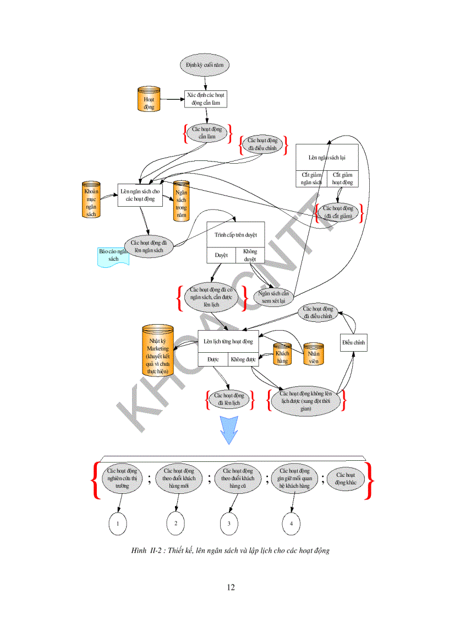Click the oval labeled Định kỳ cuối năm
point(204,65)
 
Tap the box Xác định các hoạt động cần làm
point(205,99)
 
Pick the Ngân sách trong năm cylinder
point(181,201)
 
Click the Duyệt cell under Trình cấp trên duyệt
point(221,255)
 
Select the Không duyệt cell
point(250,255)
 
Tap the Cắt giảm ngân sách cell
point(311,179)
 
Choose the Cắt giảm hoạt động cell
point(342,179)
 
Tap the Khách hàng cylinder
point(282,353)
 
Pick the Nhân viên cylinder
point(314,353)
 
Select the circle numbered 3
point(229,524)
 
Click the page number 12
point(231,587)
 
